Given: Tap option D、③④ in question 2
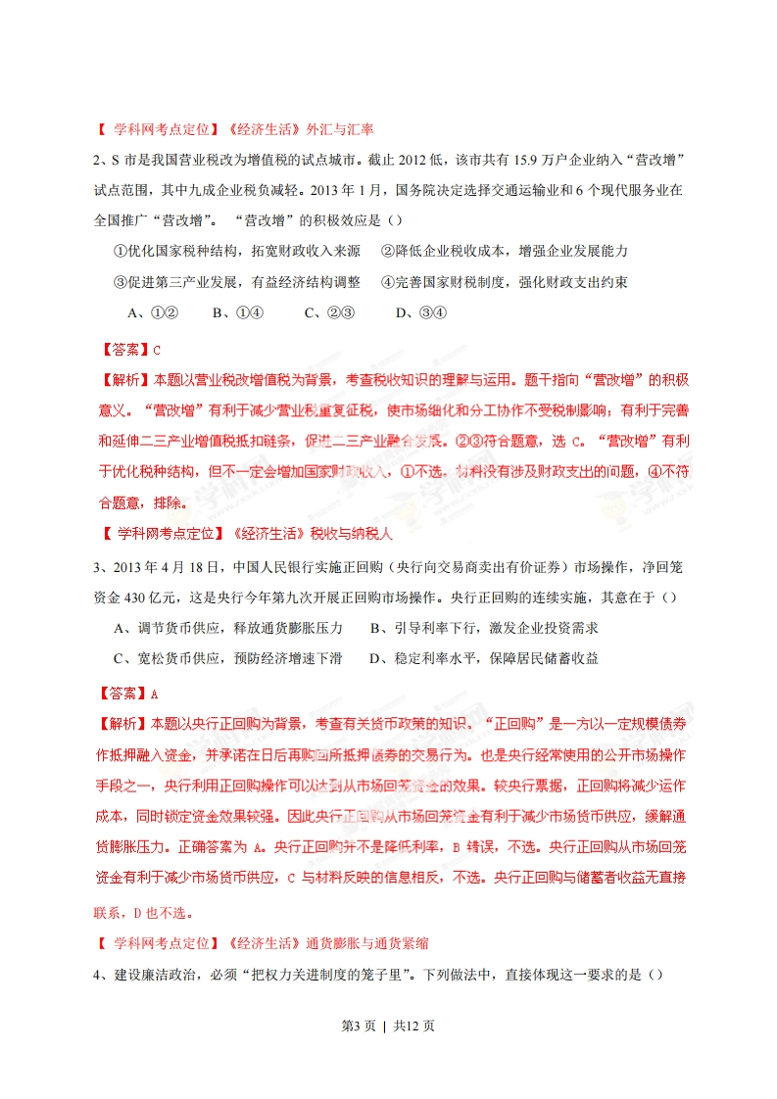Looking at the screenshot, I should [420, 313].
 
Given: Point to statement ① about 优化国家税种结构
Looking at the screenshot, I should [236, 252].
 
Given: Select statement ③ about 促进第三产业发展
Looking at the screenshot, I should [236, 282].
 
